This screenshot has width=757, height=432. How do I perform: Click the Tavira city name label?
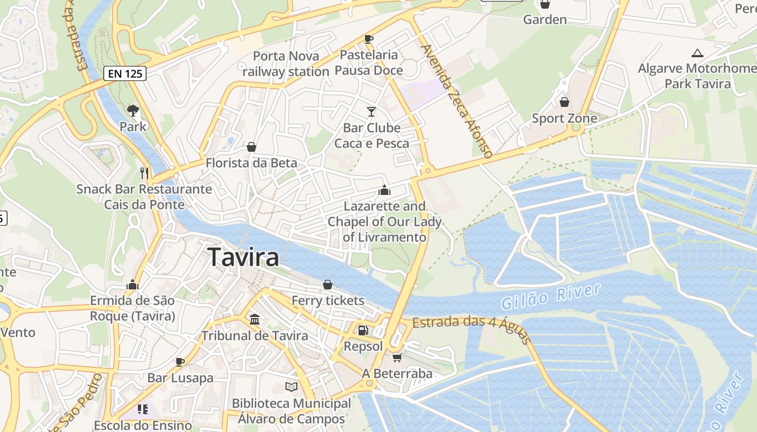[x=243, y=257]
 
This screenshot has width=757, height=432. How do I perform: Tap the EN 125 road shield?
[x=125, y=73]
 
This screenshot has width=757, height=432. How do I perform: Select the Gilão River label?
[x=550, y=296]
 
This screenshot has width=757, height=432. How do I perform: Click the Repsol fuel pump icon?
[x=363, y=330]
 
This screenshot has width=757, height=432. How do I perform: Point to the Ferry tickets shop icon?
[x=328, y=284]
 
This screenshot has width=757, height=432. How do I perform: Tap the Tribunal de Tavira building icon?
[x=255, y=319]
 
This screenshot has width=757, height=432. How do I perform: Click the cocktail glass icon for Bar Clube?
[x=371, y=112]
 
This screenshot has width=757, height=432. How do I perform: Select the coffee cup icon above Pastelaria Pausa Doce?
[x=369, y=39]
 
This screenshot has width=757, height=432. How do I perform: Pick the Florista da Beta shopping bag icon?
[x=251, y=146]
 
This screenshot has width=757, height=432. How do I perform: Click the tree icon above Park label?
[x=133, y=111]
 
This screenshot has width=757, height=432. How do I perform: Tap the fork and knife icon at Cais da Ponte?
[x=144, y=173]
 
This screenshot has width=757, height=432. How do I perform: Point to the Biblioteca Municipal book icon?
[x=291, y=387]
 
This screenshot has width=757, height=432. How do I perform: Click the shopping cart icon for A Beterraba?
[x=397, y=357]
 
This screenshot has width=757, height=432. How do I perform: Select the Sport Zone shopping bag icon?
[x=565, y=102]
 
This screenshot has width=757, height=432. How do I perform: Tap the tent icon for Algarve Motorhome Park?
[x=698, y=53]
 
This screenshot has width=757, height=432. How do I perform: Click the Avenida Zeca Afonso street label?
[x=457, y=101]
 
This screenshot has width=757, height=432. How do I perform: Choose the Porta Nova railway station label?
[x=285, y=64]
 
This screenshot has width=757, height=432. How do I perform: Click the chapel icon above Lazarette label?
[x=384, y=190]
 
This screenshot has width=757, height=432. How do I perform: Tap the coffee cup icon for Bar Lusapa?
[x=180, y=362]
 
